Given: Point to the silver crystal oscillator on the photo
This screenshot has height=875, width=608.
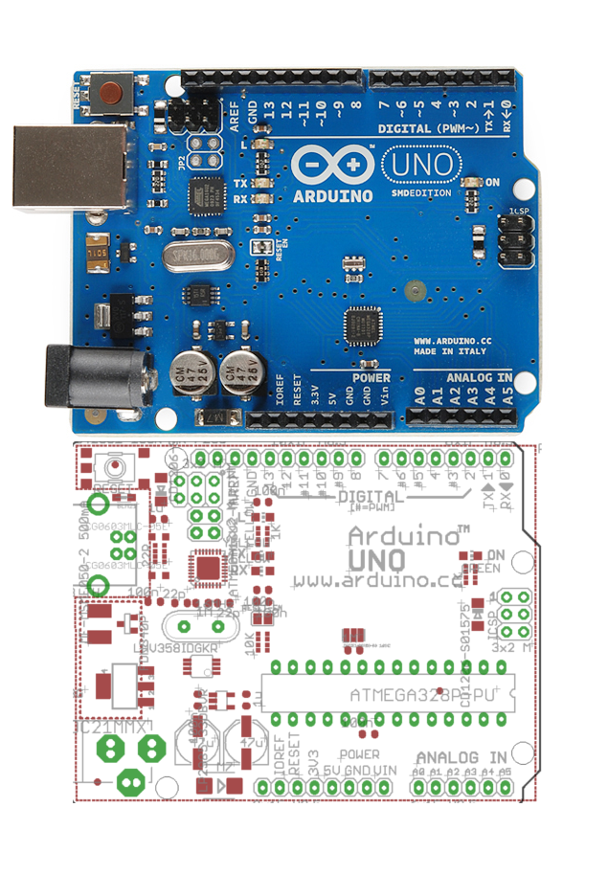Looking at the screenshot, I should click(x=198, y=256).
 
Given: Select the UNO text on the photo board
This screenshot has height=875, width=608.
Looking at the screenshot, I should click(x=421, y=165).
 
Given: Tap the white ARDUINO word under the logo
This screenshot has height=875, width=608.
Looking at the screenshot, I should click(x=334, y=195).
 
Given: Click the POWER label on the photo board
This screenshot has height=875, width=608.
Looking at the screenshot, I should click(x=371, y=378).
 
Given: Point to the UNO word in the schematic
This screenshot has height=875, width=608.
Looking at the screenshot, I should click(x=377, y=559).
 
